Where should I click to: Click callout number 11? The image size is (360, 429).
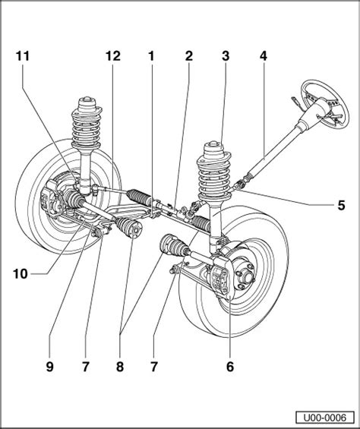coord(23,56)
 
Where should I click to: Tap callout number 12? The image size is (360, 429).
coord(113,56)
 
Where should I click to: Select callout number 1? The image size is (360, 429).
coord(151,56)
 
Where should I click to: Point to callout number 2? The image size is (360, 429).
coord(189,56)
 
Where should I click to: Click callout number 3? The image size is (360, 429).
coord(226,56)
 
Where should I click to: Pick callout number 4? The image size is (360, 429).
coord(263,56)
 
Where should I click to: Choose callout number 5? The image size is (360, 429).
coord(341,205)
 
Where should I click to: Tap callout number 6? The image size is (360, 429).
coord(230,367)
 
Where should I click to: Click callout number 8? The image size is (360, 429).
coord(120,367)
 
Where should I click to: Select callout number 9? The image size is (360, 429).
coord(50,367)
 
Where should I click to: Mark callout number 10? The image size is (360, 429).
coord(21,273)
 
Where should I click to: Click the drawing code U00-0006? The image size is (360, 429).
coord(324,418)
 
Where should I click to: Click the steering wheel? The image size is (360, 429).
coord(325,103)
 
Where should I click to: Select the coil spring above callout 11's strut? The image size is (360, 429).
coord(87,126)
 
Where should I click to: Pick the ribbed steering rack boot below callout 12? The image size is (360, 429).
coord(139,196)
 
